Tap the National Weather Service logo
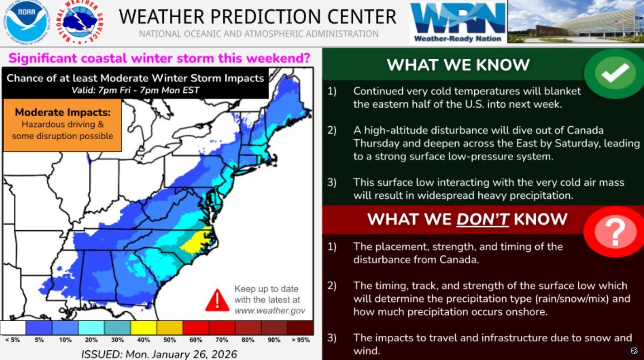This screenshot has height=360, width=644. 81,22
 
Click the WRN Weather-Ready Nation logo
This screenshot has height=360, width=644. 458,22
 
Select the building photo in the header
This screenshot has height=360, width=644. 575,22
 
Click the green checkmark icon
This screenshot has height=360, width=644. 615,72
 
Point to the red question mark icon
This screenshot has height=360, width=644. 615,231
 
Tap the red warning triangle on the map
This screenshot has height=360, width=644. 217,300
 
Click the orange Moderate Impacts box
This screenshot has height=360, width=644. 62,125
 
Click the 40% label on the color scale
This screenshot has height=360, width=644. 143,340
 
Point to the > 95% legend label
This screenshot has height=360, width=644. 301,340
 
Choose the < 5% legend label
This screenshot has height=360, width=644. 12,340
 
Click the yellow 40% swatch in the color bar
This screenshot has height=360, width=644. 143,328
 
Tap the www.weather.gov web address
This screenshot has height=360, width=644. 270,311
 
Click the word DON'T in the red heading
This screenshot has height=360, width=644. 483,219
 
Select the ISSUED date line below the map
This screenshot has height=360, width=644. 159,354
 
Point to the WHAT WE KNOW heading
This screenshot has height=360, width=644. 458,65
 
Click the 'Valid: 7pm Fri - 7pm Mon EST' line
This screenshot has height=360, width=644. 135,91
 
